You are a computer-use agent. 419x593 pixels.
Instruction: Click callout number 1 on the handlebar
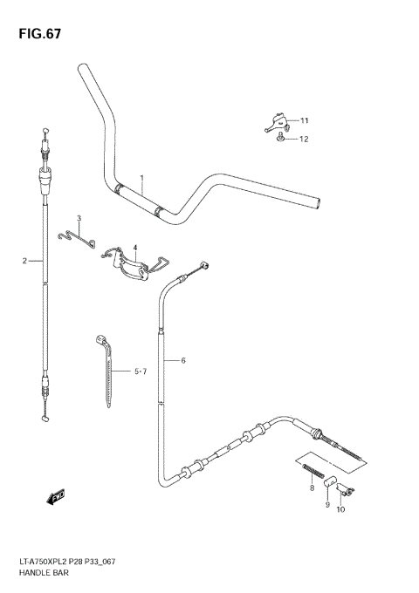[142, 178]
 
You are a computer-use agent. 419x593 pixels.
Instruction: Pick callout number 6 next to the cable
[184, 360]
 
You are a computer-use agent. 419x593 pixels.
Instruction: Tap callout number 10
[340, 509]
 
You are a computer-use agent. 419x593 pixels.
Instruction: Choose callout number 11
[305, 120]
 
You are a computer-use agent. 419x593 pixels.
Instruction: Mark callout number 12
[305, 139]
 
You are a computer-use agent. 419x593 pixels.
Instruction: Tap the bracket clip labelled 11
[275, 121]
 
